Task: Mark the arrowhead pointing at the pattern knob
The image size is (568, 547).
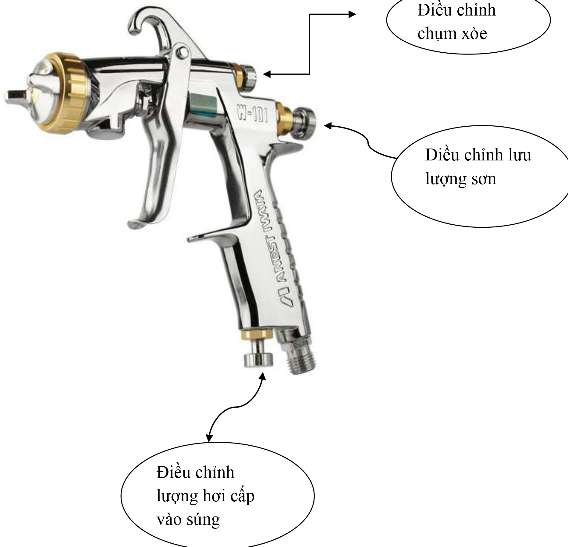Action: [267, 74]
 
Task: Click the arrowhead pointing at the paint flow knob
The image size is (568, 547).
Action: [328, 125]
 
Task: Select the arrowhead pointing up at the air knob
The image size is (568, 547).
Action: [262, 376]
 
